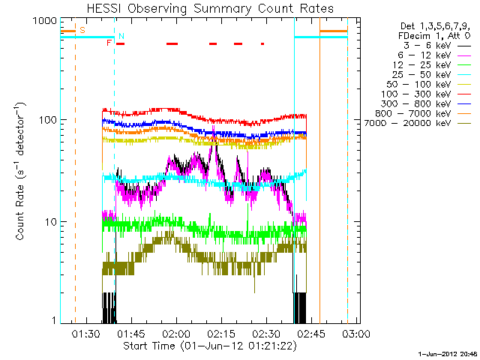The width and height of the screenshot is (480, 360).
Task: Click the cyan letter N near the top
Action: (121, 36)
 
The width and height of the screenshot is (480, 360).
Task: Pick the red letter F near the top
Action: (109, 43)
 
